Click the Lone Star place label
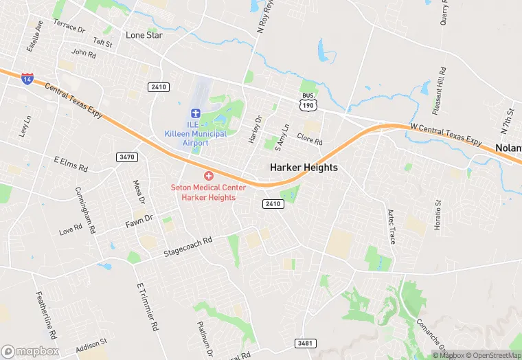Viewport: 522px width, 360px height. (x=144, y=35)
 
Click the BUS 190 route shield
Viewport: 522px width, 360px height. (x=308, y=101)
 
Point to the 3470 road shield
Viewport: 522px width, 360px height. (x=127, y=157)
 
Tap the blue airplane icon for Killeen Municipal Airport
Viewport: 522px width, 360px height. (x=195, y=113)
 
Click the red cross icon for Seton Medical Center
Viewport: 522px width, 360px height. (x=208, y=177)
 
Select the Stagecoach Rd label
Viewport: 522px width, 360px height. (x=188, y=247)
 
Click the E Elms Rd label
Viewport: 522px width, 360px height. (x=71, y=164)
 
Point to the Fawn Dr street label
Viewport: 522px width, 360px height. (x=138, y=222)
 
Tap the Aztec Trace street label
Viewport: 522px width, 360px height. (x=392, y=227)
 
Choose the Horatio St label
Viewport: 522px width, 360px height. (x=438, y=214)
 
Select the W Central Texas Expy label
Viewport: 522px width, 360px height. (x=446, y=134)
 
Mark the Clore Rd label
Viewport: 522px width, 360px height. (x=309, y=139)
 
